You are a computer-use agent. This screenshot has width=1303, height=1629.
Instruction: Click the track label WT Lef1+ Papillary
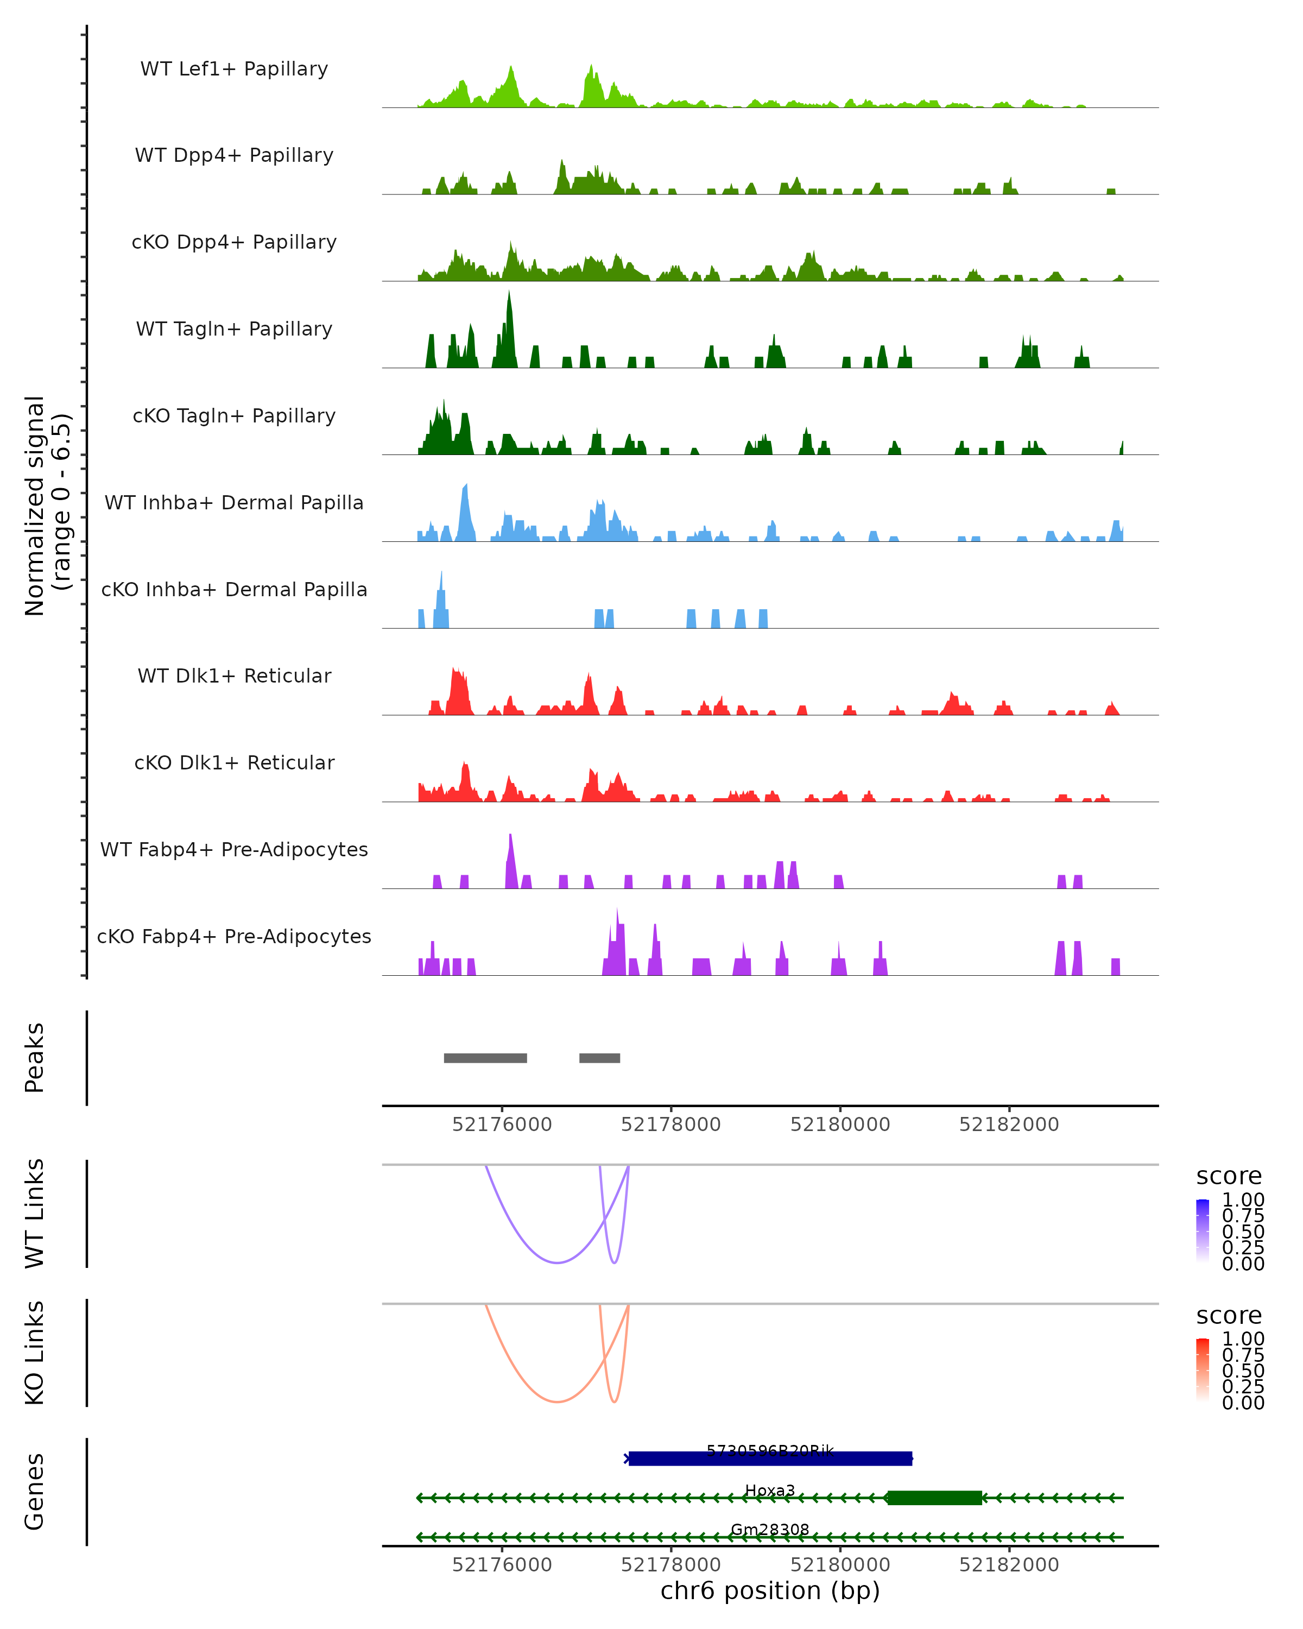point(234,69)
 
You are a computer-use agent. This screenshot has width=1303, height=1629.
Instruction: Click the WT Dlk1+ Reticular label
point(234,675)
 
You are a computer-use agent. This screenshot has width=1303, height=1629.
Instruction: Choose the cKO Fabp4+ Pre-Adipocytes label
point(234,936)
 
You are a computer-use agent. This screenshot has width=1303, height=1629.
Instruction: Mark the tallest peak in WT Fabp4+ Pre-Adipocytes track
point(511,839)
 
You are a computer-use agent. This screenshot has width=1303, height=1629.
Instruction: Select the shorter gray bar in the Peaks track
point(600,1058)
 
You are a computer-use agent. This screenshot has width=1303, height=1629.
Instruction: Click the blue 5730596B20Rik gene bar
point(770,1458)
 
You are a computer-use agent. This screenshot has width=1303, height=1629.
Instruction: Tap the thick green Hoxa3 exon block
point(934,1498)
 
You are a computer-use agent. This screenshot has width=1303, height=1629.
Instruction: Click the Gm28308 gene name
point(770,1529)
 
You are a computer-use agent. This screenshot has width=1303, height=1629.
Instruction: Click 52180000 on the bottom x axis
point(840,1565)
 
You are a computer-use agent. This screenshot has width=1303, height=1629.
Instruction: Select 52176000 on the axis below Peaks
point(502,1125)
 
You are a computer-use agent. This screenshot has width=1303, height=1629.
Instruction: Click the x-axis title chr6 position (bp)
point(770,1591)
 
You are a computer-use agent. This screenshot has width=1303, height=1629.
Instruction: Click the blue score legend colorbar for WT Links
point(1203,1231)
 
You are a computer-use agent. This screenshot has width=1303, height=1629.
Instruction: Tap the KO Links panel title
point(35,1353)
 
